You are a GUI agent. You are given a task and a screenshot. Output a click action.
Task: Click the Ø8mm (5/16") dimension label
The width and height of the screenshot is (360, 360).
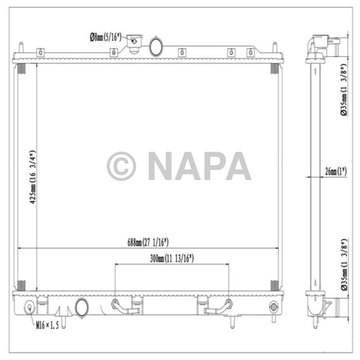pos(105,37)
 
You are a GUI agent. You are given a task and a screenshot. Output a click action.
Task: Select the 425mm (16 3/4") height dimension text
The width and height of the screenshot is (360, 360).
pos(32,177)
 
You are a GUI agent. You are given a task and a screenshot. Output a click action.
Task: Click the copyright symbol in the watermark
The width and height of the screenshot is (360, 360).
pos(121,166)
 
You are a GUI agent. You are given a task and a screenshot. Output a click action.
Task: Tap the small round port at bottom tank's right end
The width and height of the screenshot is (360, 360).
pos(273,308)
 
